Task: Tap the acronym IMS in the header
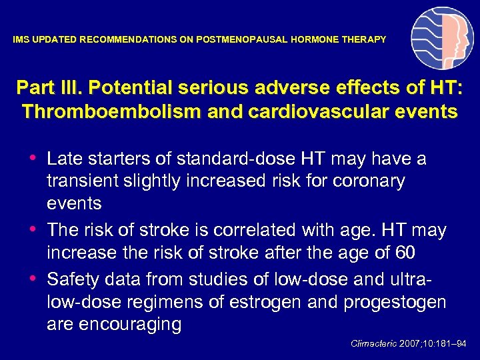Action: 21,40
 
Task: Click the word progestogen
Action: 395,302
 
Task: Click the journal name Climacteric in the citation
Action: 373,343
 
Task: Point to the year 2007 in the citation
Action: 411,343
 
